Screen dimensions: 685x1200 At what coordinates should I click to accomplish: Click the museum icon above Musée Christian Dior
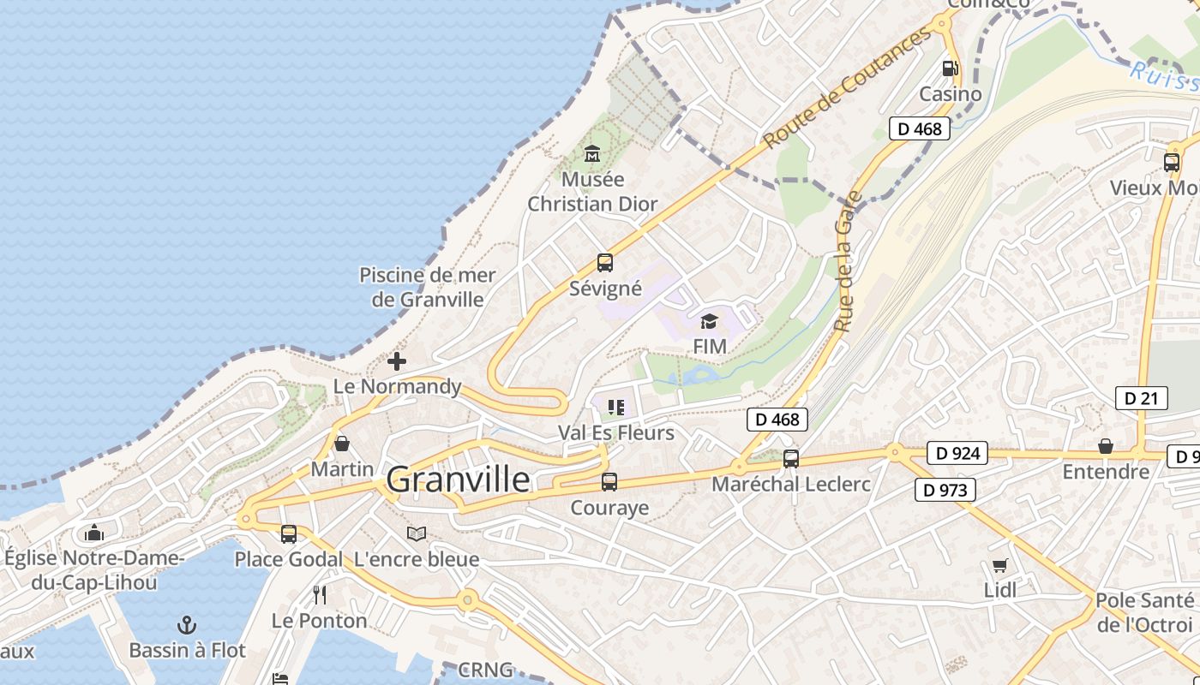click(x=591, y=154)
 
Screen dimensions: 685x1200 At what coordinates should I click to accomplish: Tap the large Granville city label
click(x=458, y=479)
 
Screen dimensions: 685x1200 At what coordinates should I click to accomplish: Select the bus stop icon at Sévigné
click(x=605, y=263)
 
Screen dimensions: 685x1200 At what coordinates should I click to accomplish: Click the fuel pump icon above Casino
click(x=950, y=68)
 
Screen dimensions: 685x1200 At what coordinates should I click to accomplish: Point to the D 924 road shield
click(x=957, y=453)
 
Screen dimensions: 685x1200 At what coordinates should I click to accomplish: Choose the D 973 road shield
click(x=945, y=490)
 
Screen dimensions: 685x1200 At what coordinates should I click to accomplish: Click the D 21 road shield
click(x=1141, y=398)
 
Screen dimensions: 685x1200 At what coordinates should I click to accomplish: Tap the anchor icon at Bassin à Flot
click(x=187, y=625)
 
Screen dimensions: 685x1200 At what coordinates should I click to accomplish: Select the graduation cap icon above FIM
click(x=709, y=321)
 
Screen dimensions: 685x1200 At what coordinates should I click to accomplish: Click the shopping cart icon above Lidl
click(x=999, y=565)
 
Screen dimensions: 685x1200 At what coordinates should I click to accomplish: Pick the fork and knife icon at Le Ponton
click(x=320, y=595)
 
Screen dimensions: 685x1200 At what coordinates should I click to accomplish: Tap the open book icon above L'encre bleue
click(x=417, y=534)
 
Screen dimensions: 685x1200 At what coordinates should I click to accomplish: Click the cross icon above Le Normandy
click(x=397, y=361)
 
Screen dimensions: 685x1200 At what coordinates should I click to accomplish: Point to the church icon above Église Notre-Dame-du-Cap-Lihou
click(x=94, y=533)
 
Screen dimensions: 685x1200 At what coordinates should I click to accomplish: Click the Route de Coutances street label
click(x=847, y=87)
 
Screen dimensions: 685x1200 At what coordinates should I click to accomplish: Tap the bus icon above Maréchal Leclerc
click(x=791, y=459)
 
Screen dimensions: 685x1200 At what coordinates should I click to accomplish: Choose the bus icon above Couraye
click(x=609, y=482)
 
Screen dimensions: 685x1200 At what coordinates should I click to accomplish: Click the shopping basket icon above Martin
click(x=342, y=444)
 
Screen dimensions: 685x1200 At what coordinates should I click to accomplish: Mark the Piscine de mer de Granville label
click(x=427, y=288)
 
